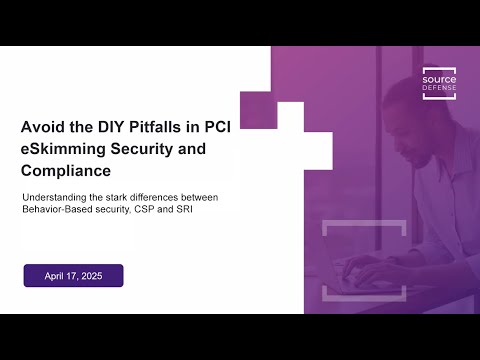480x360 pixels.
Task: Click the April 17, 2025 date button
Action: [73, 275]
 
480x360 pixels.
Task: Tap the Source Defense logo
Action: [439, 83]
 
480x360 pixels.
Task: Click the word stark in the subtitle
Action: [111, 197]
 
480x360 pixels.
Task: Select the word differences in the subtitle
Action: [152, 197]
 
